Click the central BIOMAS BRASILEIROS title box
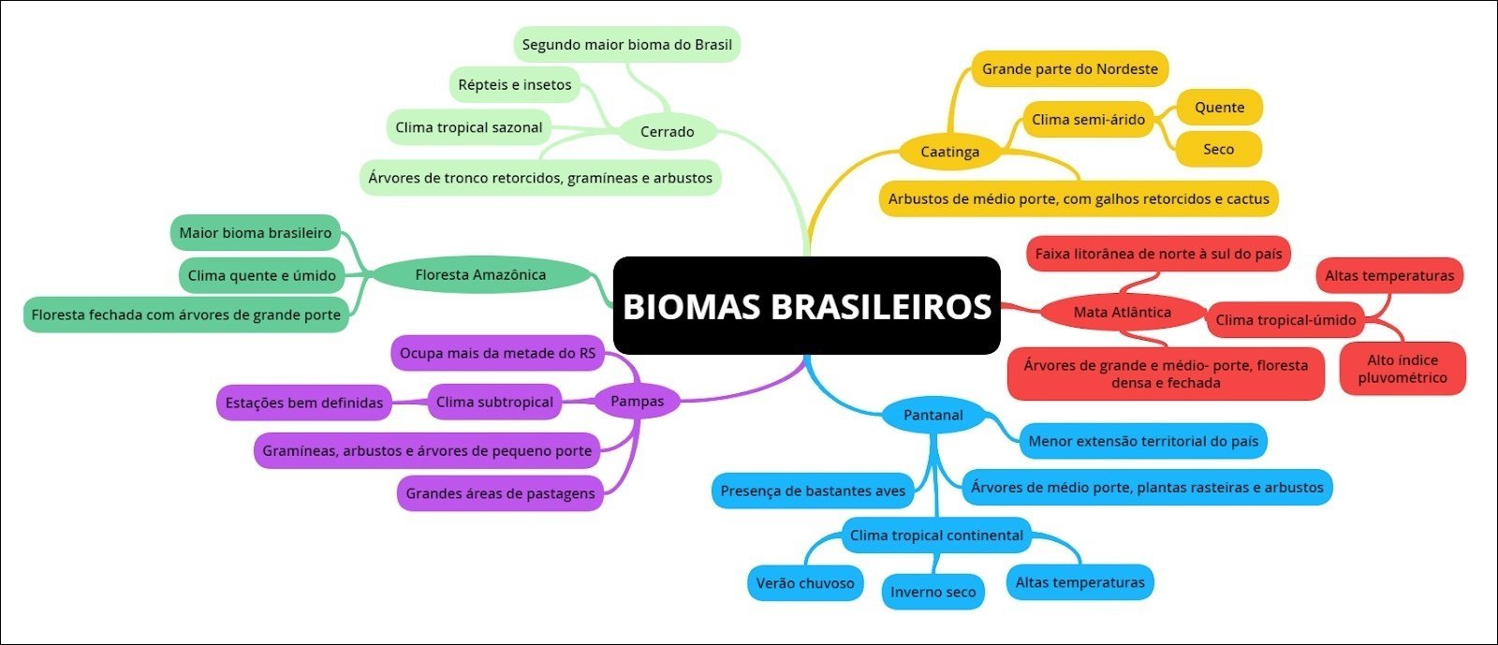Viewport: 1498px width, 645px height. pyautogui.click(x=806, y=306)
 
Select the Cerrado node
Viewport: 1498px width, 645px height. pyautogui.click(x=668, y=132)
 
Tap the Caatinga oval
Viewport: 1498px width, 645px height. pyautogui.click(x=949, y=152)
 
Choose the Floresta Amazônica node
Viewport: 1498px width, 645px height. pyautogui.click(x=480, y=275)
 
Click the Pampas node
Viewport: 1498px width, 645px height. pyautogui.click(x=637, y=402)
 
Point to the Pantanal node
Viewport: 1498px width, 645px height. pyautogui.click(x=933, y=415)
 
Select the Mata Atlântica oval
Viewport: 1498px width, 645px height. pyautogui.click(x=1122, y=313)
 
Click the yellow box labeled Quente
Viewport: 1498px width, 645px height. pyautogui.click(x=1219, y=108)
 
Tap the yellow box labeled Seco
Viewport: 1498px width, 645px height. pyautogui.click(x=1218, y=150)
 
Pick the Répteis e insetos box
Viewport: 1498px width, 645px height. pyautogui.click(x=515, y=85)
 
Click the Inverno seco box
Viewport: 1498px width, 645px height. pyautogui.click(x=933, y=592)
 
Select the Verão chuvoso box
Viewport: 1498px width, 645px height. pyautogui.click(x=805, y=583)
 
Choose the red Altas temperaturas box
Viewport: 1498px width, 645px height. pyautogui.click(x=1389, y=276)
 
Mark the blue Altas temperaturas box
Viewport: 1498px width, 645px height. pyautogui.click(x=1079, y=582)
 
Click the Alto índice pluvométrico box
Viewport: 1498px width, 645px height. pyautogui.click(x=1402, y=369)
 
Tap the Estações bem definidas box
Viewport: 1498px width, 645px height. pyautogui.click(x=304, y=403)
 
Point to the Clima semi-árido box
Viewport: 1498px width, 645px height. pyautogui.click(x=1088, y=120)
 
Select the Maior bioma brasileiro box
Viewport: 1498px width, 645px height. pyautogui.click(x=256, y=233)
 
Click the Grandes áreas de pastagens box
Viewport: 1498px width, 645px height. pyautogui.click(x=500, y=493)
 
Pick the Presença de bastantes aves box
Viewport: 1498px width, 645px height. pyautogui.click(x=813, y=491)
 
